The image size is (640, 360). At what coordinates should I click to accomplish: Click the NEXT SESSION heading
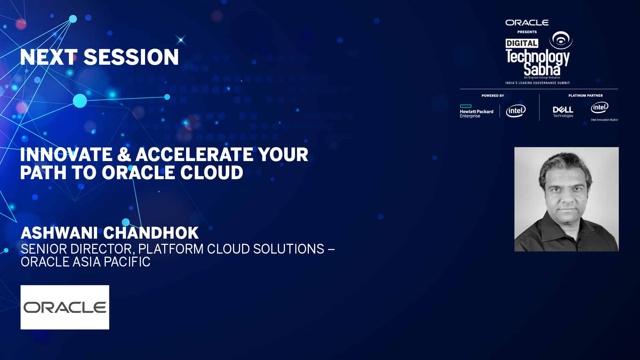coord(99,57)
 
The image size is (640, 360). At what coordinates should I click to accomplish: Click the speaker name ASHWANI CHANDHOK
coord(110,233)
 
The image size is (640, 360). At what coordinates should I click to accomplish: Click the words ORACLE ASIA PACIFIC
coord(85,262)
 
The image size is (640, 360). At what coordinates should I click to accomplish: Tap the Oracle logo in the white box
coord(65,307)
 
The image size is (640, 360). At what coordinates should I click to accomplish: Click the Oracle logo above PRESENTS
coord(527,23)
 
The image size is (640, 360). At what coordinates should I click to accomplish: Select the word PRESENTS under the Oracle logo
coord(527,32)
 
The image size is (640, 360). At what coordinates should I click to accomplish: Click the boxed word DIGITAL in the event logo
coord(522,43)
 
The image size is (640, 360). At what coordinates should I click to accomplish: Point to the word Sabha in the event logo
coord(542,69)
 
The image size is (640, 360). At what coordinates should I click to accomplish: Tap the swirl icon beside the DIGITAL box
coord(561,40)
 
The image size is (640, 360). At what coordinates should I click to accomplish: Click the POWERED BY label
coord(493,96)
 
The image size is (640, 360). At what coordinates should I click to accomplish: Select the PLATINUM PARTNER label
coord(585,96)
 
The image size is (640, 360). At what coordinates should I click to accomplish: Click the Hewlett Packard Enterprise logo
coord(477,112)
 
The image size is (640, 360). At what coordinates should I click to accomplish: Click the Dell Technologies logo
coord(563,112)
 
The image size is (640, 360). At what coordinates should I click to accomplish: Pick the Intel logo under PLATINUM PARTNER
coord(599,108)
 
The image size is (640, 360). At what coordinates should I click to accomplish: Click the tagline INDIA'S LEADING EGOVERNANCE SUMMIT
coord(537,83)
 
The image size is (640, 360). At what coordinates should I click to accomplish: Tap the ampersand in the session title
coord(124,154)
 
